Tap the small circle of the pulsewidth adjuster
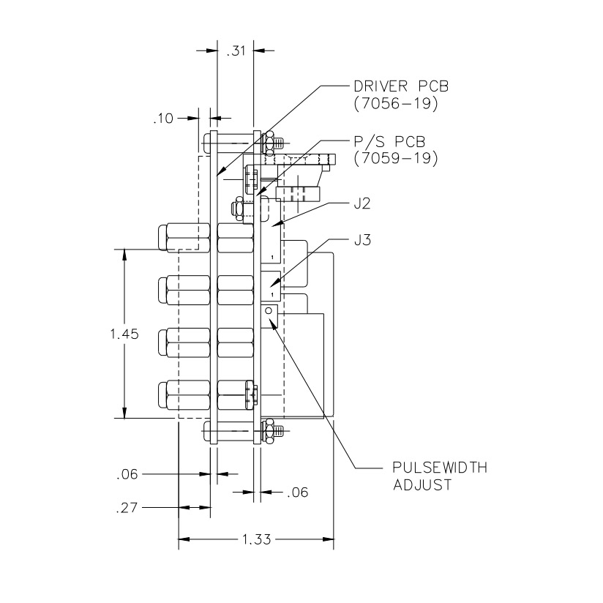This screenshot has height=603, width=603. click(269, 312)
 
